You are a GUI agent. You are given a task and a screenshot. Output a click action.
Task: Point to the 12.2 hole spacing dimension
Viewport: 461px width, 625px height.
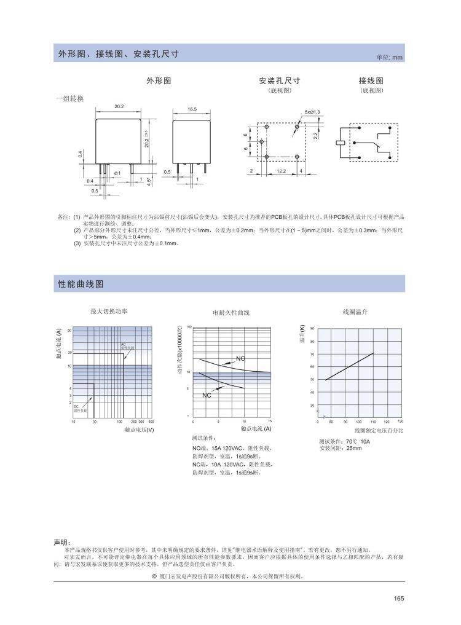280,170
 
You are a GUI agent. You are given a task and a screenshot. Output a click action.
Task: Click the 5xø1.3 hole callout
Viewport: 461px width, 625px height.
312,111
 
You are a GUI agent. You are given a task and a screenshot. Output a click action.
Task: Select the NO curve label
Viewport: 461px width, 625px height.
240,358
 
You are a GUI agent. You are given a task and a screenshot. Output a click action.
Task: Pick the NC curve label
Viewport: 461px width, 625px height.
207,395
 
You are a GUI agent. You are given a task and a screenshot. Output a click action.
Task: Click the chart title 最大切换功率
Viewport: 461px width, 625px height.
109,312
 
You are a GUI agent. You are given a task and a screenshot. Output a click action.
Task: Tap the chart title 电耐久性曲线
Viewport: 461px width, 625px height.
231,313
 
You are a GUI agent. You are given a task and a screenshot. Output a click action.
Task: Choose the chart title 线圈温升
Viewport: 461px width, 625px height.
355,312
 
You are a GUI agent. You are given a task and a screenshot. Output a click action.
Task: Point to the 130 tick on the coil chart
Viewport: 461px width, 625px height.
400,422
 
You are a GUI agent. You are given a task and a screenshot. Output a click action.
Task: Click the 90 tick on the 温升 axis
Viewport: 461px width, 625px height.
312,329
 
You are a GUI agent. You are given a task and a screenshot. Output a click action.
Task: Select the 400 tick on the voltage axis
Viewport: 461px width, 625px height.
151,422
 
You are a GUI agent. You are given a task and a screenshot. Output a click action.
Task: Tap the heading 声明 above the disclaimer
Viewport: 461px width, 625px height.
62,543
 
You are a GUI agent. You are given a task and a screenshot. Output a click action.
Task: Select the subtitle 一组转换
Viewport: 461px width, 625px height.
69,98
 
